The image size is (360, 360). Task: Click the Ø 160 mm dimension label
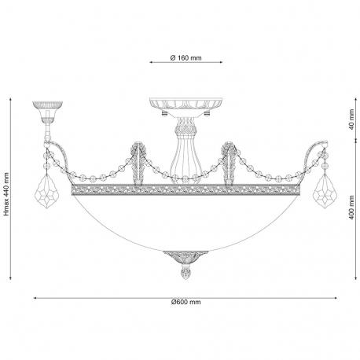pyautogui.click(x=186, y=58)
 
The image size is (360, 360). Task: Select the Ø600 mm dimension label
pyautogui.click(x=186, y=302)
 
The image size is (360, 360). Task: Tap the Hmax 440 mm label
pyautogui.click(x=6, y=194)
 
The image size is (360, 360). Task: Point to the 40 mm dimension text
pyautogui.click(x=351, y=119)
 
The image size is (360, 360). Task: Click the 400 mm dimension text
pyautogui.click(x=351, y=208)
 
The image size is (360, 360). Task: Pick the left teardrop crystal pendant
pyautogui.click(x=46, y=191)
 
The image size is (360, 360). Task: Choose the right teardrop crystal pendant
pyautogui.click(x=325, y=191)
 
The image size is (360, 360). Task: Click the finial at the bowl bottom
pyautogui.click(x=186, y=273)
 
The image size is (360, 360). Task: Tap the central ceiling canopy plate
pyautogui.click(x=186, y=104)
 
